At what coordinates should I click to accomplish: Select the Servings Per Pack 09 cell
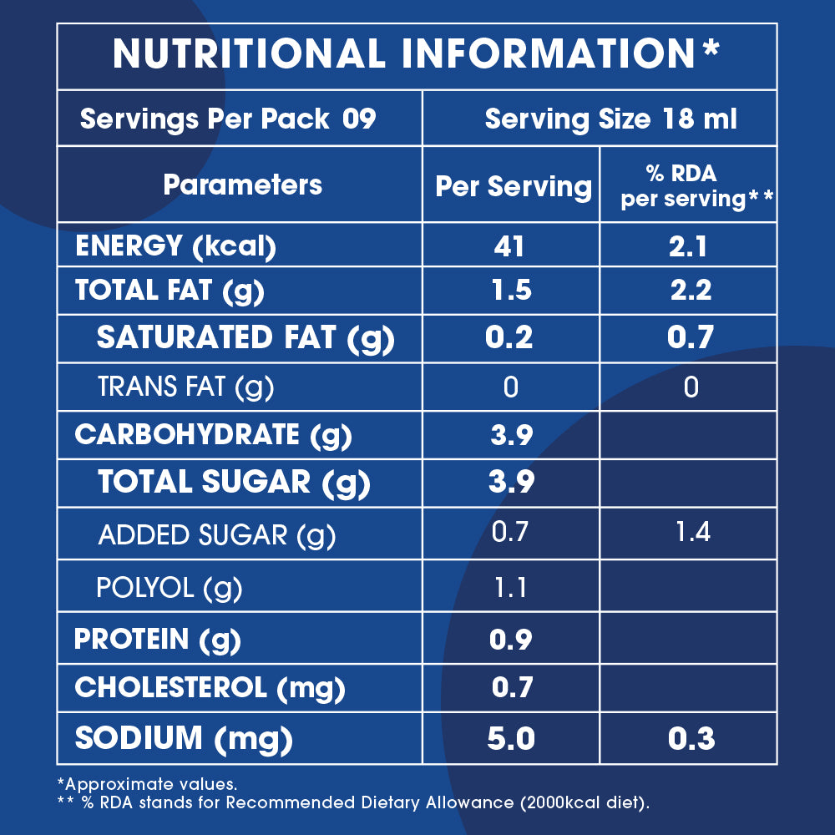coord(228,119)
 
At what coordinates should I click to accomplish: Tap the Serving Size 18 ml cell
coord(610,119)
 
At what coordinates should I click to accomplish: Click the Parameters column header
coord(242,185)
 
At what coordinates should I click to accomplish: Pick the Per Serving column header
coord(513,186)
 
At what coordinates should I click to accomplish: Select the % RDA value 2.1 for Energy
coord(691,246)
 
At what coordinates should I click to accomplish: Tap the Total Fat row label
coord(170,291)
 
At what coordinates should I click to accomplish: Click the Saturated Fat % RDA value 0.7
coord(691,337)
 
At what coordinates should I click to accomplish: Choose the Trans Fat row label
coord(185,387)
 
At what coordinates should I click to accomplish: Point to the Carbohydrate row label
coord(213,435)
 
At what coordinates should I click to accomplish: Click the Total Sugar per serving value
coord(511,482)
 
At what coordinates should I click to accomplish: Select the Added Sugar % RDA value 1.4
coord(691,531)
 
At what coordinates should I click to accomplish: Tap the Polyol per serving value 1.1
coord(511,588)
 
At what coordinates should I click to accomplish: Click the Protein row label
coord(157,640)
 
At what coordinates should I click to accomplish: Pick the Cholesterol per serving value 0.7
coord(511,688)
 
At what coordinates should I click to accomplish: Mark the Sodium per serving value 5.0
coord(511,739)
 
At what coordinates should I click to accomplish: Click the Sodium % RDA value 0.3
coord(691,739)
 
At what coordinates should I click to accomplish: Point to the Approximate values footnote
coord(147,785)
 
